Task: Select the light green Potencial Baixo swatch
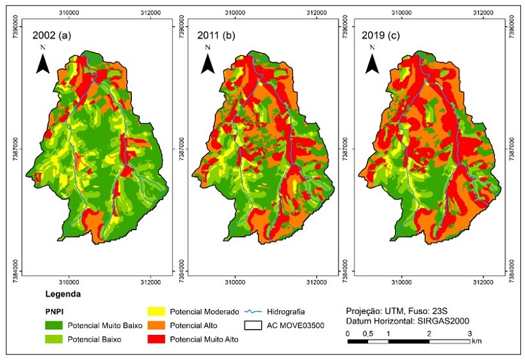tap(56, 340)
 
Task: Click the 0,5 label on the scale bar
tap(367, 333)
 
